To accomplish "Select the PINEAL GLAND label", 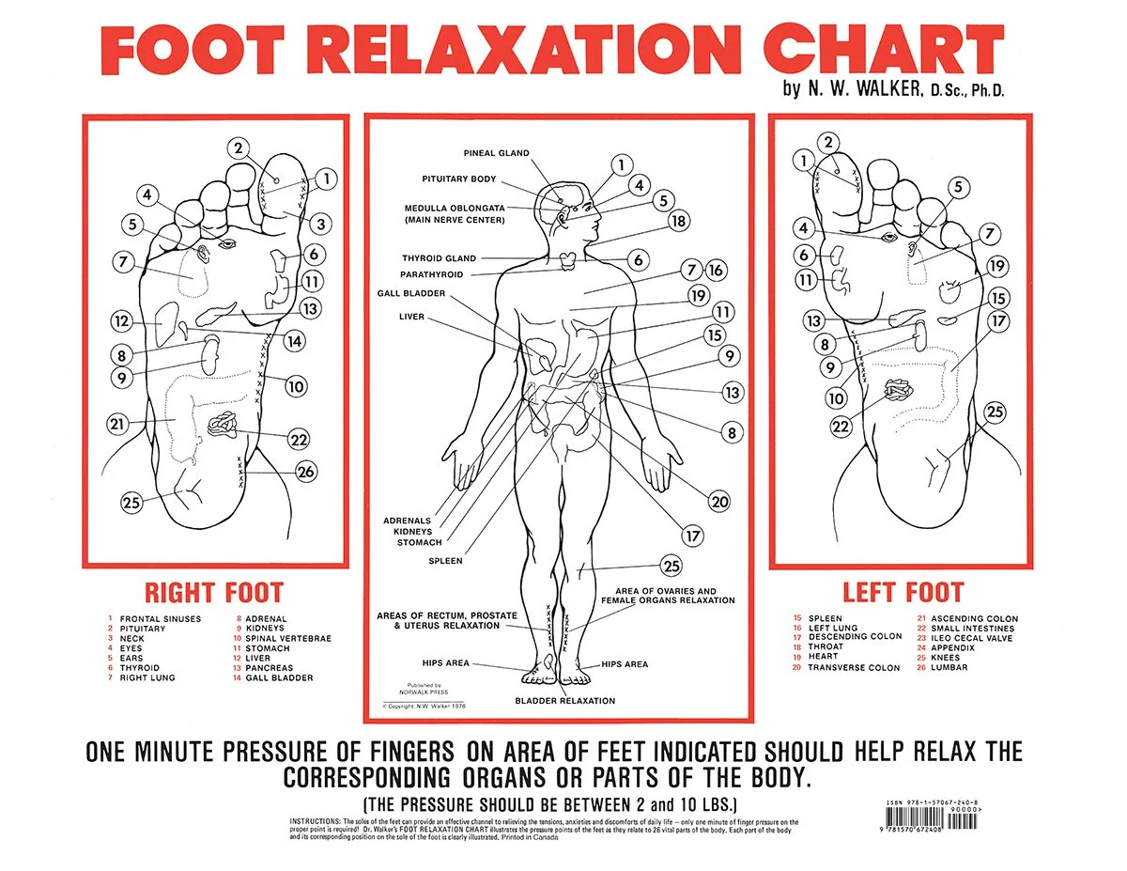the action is pos(496,153).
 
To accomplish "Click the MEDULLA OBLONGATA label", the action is pos(455,208).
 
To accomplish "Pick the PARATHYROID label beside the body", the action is pos(432,274).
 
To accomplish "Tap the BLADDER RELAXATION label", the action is pos(564,701).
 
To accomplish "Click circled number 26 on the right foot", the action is pos(306,472).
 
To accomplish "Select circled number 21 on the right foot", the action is pos(116,424).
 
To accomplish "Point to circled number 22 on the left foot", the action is pos(841,427).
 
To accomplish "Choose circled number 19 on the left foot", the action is pos(996,266).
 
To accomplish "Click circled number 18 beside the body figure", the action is pos(678,222).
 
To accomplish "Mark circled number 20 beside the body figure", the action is pos(719,502).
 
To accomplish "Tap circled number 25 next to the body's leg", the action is pos(671,566).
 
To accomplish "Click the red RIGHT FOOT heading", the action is pos(213,593).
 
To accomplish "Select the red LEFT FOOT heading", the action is pos(903,593).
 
